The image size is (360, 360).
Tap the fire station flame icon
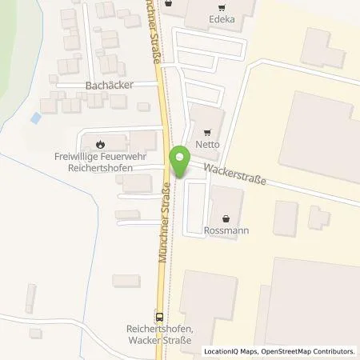click(100, 144)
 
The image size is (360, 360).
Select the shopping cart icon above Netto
click(208, 134)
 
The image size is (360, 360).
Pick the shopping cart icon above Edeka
click(169, 3)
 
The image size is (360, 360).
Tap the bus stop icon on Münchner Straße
click(159, 315)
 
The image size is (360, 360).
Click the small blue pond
click(35, 118)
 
